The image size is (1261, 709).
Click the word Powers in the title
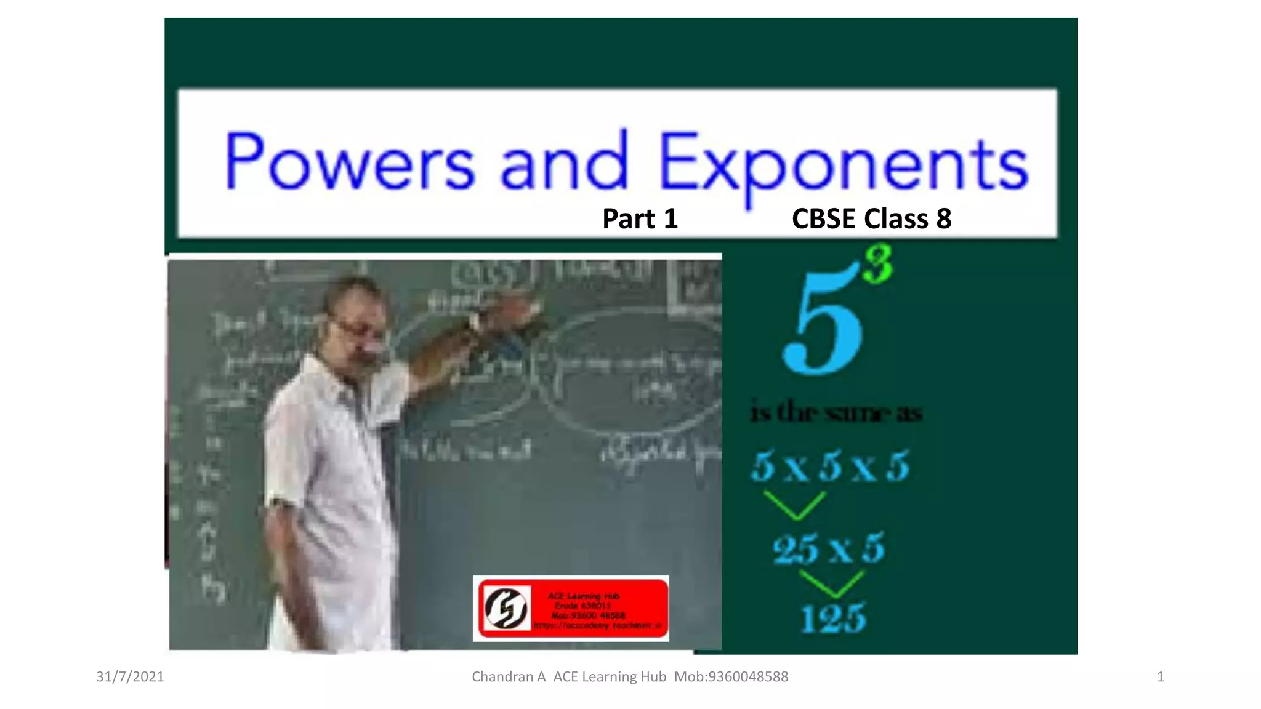[349, 161]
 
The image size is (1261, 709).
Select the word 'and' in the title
[564, 161]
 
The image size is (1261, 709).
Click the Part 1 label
[640, 219]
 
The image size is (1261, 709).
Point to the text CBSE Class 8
[871, 219]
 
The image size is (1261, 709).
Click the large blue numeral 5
[823, 323]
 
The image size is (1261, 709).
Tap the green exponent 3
[878, 264]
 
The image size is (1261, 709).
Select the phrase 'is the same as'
[836, 412]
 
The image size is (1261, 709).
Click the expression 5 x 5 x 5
[830, 466]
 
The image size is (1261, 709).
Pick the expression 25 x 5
[829, 548]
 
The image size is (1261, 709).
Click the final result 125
[833, 618]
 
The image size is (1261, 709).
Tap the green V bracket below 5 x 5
[794, 505]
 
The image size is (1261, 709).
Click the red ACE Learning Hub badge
[571, 609]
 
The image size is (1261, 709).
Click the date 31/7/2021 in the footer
[130, 677]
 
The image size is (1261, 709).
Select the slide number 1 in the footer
[1160, 677]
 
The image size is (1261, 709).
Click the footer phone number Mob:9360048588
[731, 677]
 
